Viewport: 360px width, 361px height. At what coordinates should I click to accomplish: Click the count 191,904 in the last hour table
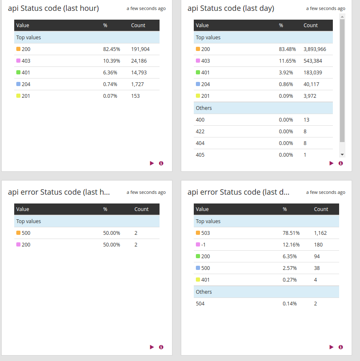coord(140,49)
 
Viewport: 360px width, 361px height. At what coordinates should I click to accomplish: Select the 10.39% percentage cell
coord(112,61)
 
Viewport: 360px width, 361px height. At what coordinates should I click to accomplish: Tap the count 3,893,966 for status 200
coord(315,49)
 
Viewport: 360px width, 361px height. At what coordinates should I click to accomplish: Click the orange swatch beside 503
coord(198,233)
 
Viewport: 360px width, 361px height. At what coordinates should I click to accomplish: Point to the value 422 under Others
coord(200,131)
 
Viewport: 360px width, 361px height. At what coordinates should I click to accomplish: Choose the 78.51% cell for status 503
coord(290,233)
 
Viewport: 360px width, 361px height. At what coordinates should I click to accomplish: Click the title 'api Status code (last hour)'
coord(53,8)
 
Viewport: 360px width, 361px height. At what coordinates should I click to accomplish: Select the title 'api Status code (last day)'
coord(231,8)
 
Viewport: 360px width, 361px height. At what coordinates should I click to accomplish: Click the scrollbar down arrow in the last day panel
coord(342,154)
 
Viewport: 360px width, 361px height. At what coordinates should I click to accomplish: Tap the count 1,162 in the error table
coord(320,233)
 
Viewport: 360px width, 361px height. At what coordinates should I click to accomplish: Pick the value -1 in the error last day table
coord(203,244)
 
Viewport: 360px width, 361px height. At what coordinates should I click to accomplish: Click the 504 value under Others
coord(200,303)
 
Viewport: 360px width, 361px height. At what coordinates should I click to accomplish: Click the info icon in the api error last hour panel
coord(161,347)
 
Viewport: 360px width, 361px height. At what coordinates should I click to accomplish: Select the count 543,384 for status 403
coord(313,61)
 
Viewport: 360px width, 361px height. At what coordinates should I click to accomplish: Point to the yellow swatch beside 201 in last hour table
coord(18,96)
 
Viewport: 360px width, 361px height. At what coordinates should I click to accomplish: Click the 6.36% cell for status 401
coord(110,72)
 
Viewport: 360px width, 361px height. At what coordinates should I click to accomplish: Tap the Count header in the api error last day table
coord(321,209)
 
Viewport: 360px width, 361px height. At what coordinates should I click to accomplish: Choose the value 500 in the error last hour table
coord(26,233)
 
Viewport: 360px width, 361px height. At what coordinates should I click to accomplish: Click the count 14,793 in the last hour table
coord(139,72)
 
